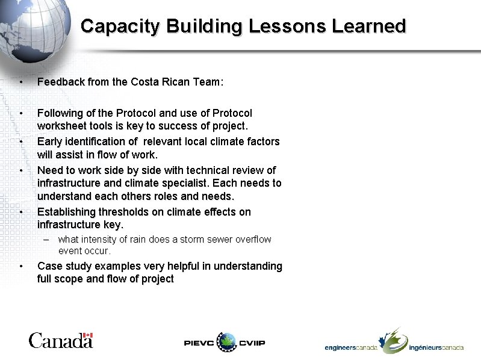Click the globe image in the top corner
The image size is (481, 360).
33,30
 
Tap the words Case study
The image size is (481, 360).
67,266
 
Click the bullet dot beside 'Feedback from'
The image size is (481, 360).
21,82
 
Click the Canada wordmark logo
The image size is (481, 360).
60,341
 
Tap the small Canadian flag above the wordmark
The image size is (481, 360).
88,335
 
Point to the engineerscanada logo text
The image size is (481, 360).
350,348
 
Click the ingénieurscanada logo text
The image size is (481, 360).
436,348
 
